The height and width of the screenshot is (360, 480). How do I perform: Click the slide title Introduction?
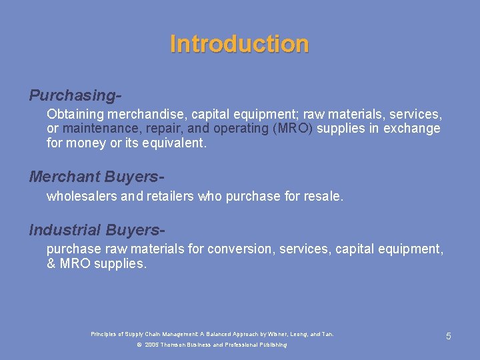coord(239,44)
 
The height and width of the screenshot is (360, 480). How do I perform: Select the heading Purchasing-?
coord(75,95)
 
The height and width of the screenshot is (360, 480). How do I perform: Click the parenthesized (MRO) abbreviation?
coord(293,129)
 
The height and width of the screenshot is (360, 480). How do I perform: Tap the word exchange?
coord(415,129)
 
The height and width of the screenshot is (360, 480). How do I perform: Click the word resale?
coord(322,197)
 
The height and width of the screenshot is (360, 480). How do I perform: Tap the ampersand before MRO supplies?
coord(51,263)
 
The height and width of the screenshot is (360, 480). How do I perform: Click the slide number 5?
coord(449,336)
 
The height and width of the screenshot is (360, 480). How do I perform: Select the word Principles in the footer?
coord(103,333)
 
